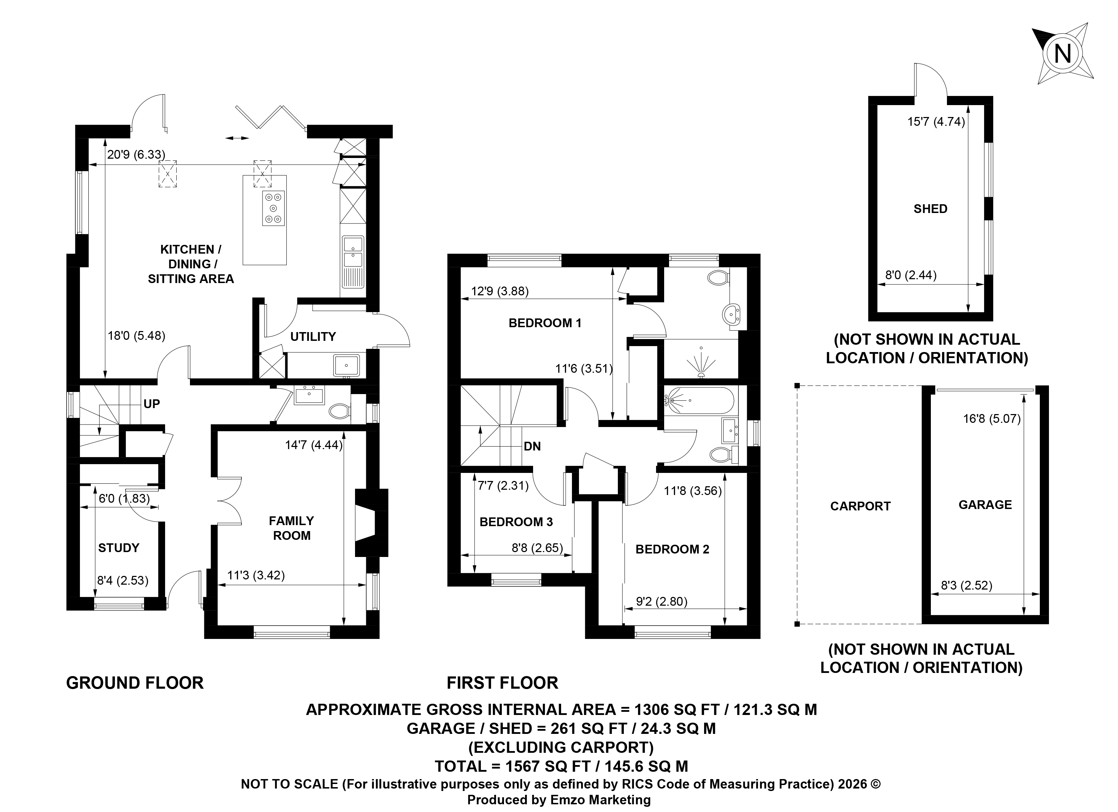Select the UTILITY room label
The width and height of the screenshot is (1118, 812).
(313, 337)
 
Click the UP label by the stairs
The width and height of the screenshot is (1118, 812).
(151, 404)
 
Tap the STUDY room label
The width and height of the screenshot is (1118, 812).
(119, 548)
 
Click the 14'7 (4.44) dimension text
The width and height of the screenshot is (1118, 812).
(314, 445)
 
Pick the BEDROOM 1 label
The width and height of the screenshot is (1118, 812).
(545, 323)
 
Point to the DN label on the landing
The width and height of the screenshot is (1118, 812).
(532, 446)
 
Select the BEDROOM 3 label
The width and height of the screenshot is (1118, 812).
(516, 522)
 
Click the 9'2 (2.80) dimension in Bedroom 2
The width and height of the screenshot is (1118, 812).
(662, 601)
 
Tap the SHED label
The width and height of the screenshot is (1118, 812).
(931, 209)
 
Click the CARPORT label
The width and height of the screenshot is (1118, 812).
(861, 506)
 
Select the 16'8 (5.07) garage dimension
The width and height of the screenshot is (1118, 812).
(992, 419)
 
